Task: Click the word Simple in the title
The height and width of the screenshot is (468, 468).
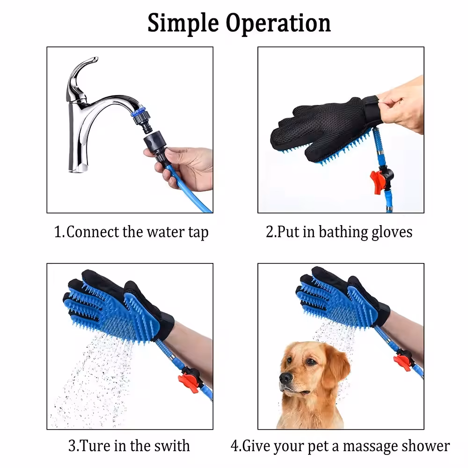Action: click(x=183, y=23)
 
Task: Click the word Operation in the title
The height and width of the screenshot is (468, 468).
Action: click(x=278, y=23)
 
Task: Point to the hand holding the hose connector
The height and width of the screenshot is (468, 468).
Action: click(x=190, y=166)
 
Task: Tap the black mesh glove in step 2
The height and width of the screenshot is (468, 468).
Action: click(x=318, y=126)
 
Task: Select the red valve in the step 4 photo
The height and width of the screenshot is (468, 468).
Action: click(x=402, y=360)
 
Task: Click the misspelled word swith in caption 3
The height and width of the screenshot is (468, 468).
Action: click(x=171, y=445)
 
